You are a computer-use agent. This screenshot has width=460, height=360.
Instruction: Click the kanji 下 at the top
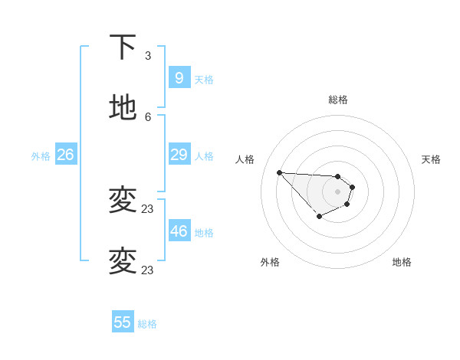(123, 47)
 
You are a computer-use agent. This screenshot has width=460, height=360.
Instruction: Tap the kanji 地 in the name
(123, 108)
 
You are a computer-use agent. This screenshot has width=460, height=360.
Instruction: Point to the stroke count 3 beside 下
(148, 55)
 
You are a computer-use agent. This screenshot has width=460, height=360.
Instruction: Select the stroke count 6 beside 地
(148, 116)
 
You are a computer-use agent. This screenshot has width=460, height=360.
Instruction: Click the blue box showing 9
(179, 77)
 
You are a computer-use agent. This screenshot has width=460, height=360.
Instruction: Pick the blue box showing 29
(179, 155)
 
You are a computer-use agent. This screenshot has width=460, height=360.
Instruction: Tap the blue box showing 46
(179, 231)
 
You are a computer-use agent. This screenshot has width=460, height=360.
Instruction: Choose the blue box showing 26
(65, 155)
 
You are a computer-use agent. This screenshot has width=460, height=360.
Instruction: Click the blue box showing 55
(123, 322)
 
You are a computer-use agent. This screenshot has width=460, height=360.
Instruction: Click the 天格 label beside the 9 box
(204, 79)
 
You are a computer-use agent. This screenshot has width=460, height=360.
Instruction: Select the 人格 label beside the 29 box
(204, 155)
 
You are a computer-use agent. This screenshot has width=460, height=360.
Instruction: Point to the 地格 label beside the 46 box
(204, 232)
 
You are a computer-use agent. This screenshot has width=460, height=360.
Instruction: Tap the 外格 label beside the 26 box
(41, 155)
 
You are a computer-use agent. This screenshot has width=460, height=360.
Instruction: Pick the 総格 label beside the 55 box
(147, 324)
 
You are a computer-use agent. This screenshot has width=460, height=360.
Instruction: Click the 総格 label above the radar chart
(337, 100)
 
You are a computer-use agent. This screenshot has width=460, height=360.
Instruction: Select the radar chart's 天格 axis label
(431, 159)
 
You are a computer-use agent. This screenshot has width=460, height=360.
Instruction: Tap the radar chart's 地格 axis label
(402, 262)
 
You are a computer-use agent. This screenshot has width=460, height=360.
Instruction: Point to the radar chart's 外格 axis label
(270, 262)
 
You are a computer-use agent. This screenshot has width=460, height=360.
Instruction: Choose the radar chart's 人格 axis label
(245, 159)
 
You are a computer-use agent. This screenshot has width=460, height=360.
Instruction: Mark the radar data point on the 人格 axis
(279, 172)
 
